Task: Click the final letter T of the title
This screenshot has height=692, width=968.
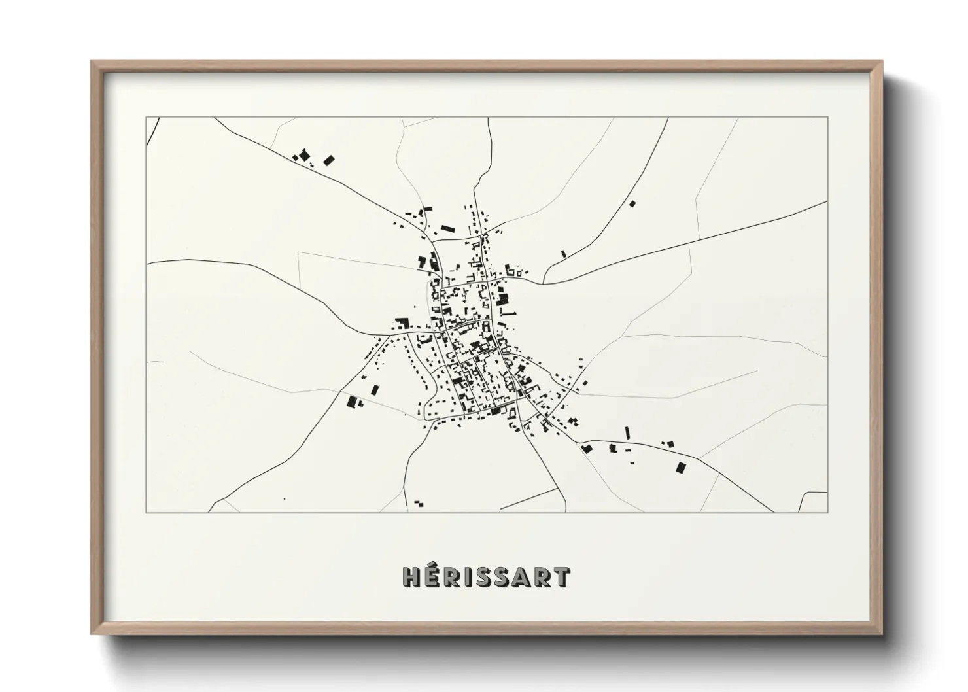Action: [x=561, y=578]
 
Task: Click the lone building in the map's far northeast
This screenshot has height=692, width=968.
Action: [x=632, y=204]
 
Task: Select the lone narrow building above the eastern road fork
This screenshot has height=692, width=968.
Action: [x=563, y=253]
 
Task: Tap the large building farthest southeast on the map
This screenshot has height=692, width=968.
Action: [x=681, y=468]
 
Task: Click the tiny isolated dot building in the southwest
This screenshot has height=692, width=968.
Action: [x=285, y=499]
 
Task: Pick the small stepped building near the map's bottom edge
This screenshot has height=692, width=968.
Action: [x=419, y=504]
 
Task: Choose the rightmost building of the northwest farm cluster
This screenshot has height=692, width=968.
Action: [x=328, y=160]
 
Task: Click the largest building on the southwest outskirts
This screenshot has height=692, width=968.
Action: [x=353, y=402]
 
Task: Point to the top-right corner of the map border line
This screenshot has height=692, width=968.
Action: [x=827, y=118]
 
